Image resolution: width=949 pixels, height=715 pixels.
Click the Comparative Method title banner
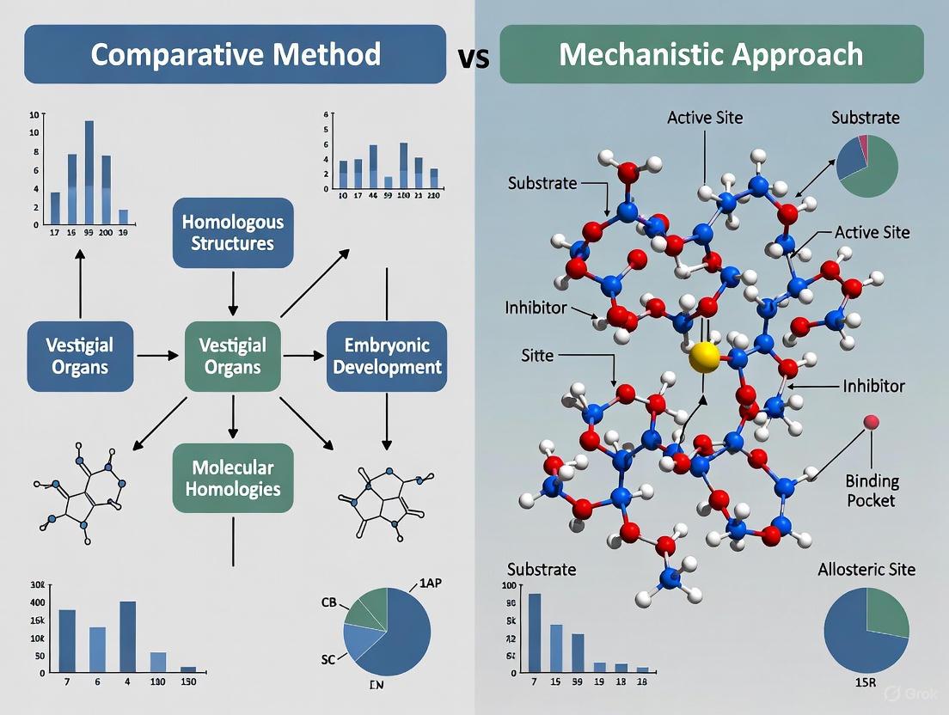235,54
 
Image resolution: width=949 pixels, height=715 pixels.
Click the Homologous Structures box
233,232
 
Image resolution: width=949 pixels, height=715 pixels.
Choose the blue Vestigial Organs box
81,356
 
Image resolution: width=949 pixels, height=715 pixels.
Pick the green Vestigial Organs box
232,356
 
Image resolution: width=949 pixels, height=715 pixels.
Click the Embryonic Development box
387,356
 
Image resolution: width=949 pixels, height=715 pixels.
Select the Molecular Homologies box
233,479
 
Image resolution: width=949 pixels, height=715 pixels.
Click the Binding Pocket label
871,491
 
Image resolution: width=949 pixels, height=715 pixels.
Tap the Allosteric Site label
866,569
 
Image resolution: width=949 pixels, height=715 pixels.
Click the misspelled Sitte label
539,354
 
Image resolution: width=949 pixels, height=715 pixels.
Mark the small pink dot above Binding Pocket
872,421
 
